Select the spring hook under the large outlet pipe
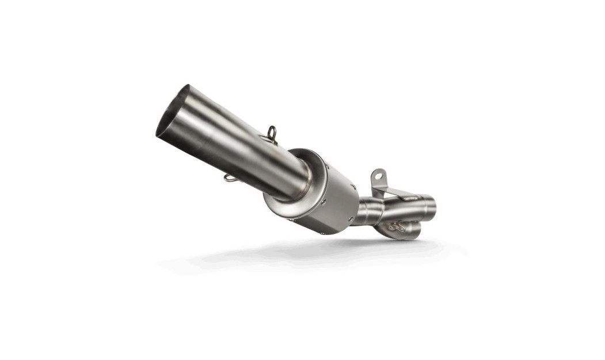pyautogui.click(x=230, y=178)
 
